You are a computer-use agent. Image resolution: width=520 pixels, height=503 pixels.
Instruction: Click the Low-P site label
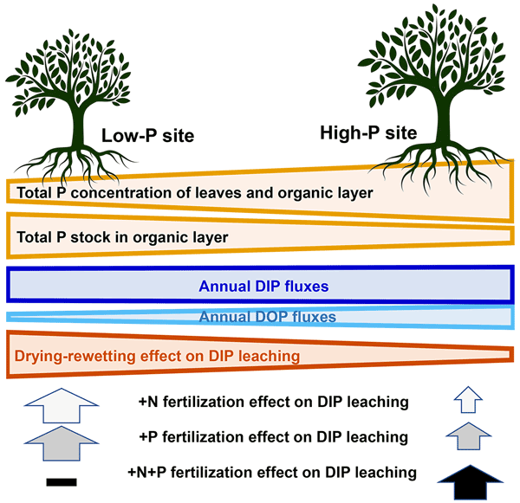pos(146,136)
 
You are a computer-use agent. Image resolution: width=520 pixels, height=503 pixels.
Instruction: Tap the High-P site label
pos(368,133)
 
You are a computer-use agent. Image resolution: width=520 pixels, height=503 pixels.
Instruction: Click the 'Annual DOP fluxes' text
pos(259,318)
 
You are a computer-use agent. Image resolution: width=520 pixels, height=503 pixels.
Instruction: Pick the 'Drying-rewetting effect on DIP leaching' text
pos(157,355)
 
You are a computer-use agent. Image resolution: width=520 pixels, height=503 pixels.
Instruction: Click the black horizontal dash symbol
pos(63,480)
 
